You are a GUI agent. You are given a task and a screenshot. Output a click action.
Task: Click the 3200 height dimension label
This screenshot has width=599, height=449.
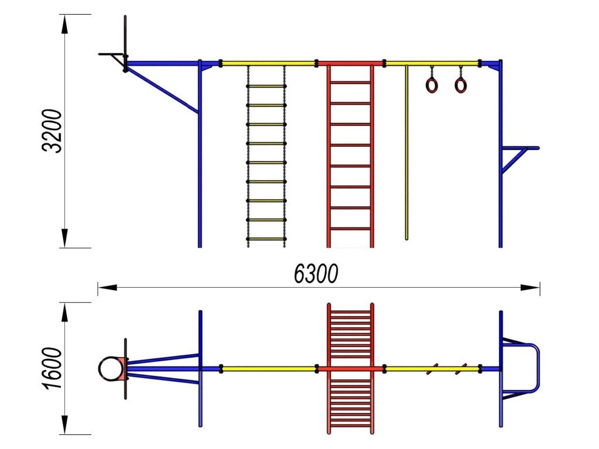point(52,131)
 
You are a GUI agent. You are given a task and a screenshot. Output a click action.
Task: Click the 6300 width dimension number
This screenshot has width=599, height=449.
point(316,274)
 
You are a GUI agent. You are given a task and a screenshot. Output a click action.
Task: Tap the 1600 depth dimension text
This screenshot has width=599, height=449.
point(52,368)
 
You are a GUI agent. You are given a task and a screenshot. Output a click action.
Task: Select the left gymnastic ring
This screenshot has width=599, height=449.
point(431,85)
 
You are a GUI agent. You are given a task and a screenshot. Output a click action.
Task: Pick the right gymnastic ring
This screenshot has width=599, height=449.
point(460,85)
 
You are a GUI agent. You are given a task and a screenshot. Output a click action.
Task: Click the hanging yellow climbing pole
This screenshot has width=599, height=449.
point(407,153)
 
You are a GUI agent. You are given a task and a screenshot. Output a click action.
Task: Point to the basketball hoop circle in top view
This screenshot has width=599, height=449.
point(111,369)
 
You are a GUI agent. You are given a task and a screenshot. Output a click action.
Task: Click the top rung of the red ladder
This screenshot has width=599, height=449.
point(350,82)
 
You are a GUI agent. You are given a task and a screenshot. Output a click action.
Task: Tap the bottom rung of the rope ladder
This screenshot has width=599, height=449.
point(266,239)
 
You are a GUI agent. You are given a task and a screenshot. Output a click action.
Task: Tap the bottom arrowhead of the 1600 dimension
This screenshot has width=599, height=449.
point(64,425)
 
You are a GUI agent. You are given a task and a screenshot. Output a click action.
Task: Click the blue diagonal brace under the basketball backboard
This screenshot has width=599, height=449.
point(161,90)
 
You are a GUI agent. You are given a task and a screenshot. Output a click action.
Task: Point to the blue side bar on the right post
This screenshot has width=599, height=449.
point(520,148)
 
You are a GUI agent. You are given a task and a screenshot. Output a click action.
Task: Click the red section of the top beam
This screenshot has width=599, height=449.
point(350,63)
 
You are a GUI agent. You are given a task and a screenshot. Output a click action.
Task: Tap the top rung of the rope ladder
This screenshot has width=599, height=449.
point(266,87)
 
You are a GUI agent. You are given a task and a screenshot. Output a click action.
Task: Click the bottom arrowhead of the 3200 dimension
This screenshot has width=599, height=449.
point(64,239)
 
